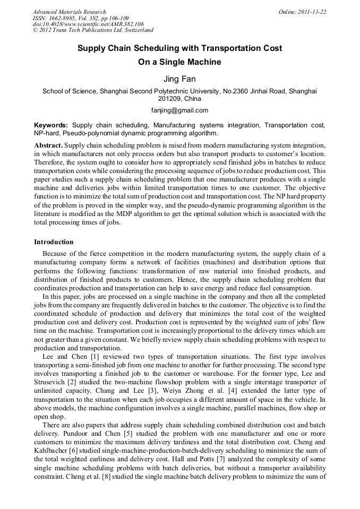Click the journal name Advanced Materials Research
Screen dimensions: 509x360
69,12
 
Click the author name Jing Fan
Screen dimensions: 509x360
179,79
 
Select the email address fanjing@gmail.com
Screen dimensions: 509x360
179,110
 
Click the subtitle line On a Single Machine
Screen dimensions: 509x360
179,62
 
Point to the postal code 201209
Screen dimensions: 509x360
169,99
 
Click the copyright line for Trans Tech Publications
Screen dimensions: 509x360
92,31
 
